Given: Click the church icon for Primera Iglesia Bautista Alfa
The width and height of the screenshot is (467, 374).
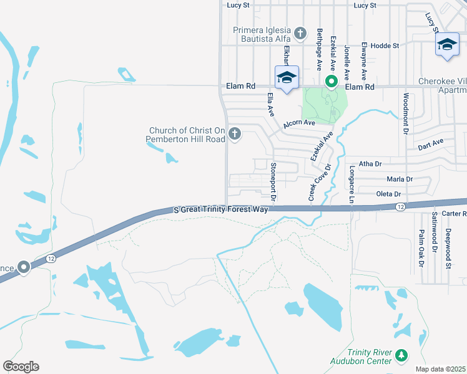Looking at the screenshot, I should [300, 32].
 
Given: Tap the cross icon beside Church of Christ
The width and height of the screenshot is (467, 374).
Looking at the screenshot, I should [235, 133].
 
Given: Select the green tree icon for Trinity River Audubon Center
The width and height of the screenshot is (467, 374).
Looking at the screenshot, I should [402, 356].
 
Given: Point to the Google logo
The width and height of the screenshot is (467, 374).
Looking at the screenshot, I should [21, 367].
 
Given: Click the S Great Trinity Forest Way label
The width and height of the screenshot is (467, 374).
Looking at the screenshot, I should [220, 210].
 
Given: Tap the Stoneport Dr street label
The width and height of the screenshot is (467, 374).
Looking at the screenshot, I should [273, 181].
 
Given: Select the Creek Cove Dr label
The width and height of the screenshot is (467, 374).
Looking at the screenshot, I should [318, 182].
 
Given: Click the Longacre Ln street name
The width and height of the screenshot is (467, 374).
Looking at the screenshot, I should [351, 183].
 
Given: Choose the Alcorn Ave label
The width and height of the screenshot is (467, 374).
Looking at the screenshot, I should [299, 123].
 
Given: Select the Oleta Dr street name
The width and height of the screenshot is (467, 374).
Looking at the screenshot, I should [388, 194].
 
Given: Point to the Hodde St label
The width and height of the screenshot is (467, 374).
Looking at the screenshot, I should [385, 46].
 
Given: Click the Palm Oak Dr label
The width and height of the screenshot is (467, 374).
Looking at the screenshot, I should [421, 247].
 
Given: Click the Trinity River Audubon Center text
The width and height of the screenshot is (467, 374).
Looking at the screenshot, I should [361, 356].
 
